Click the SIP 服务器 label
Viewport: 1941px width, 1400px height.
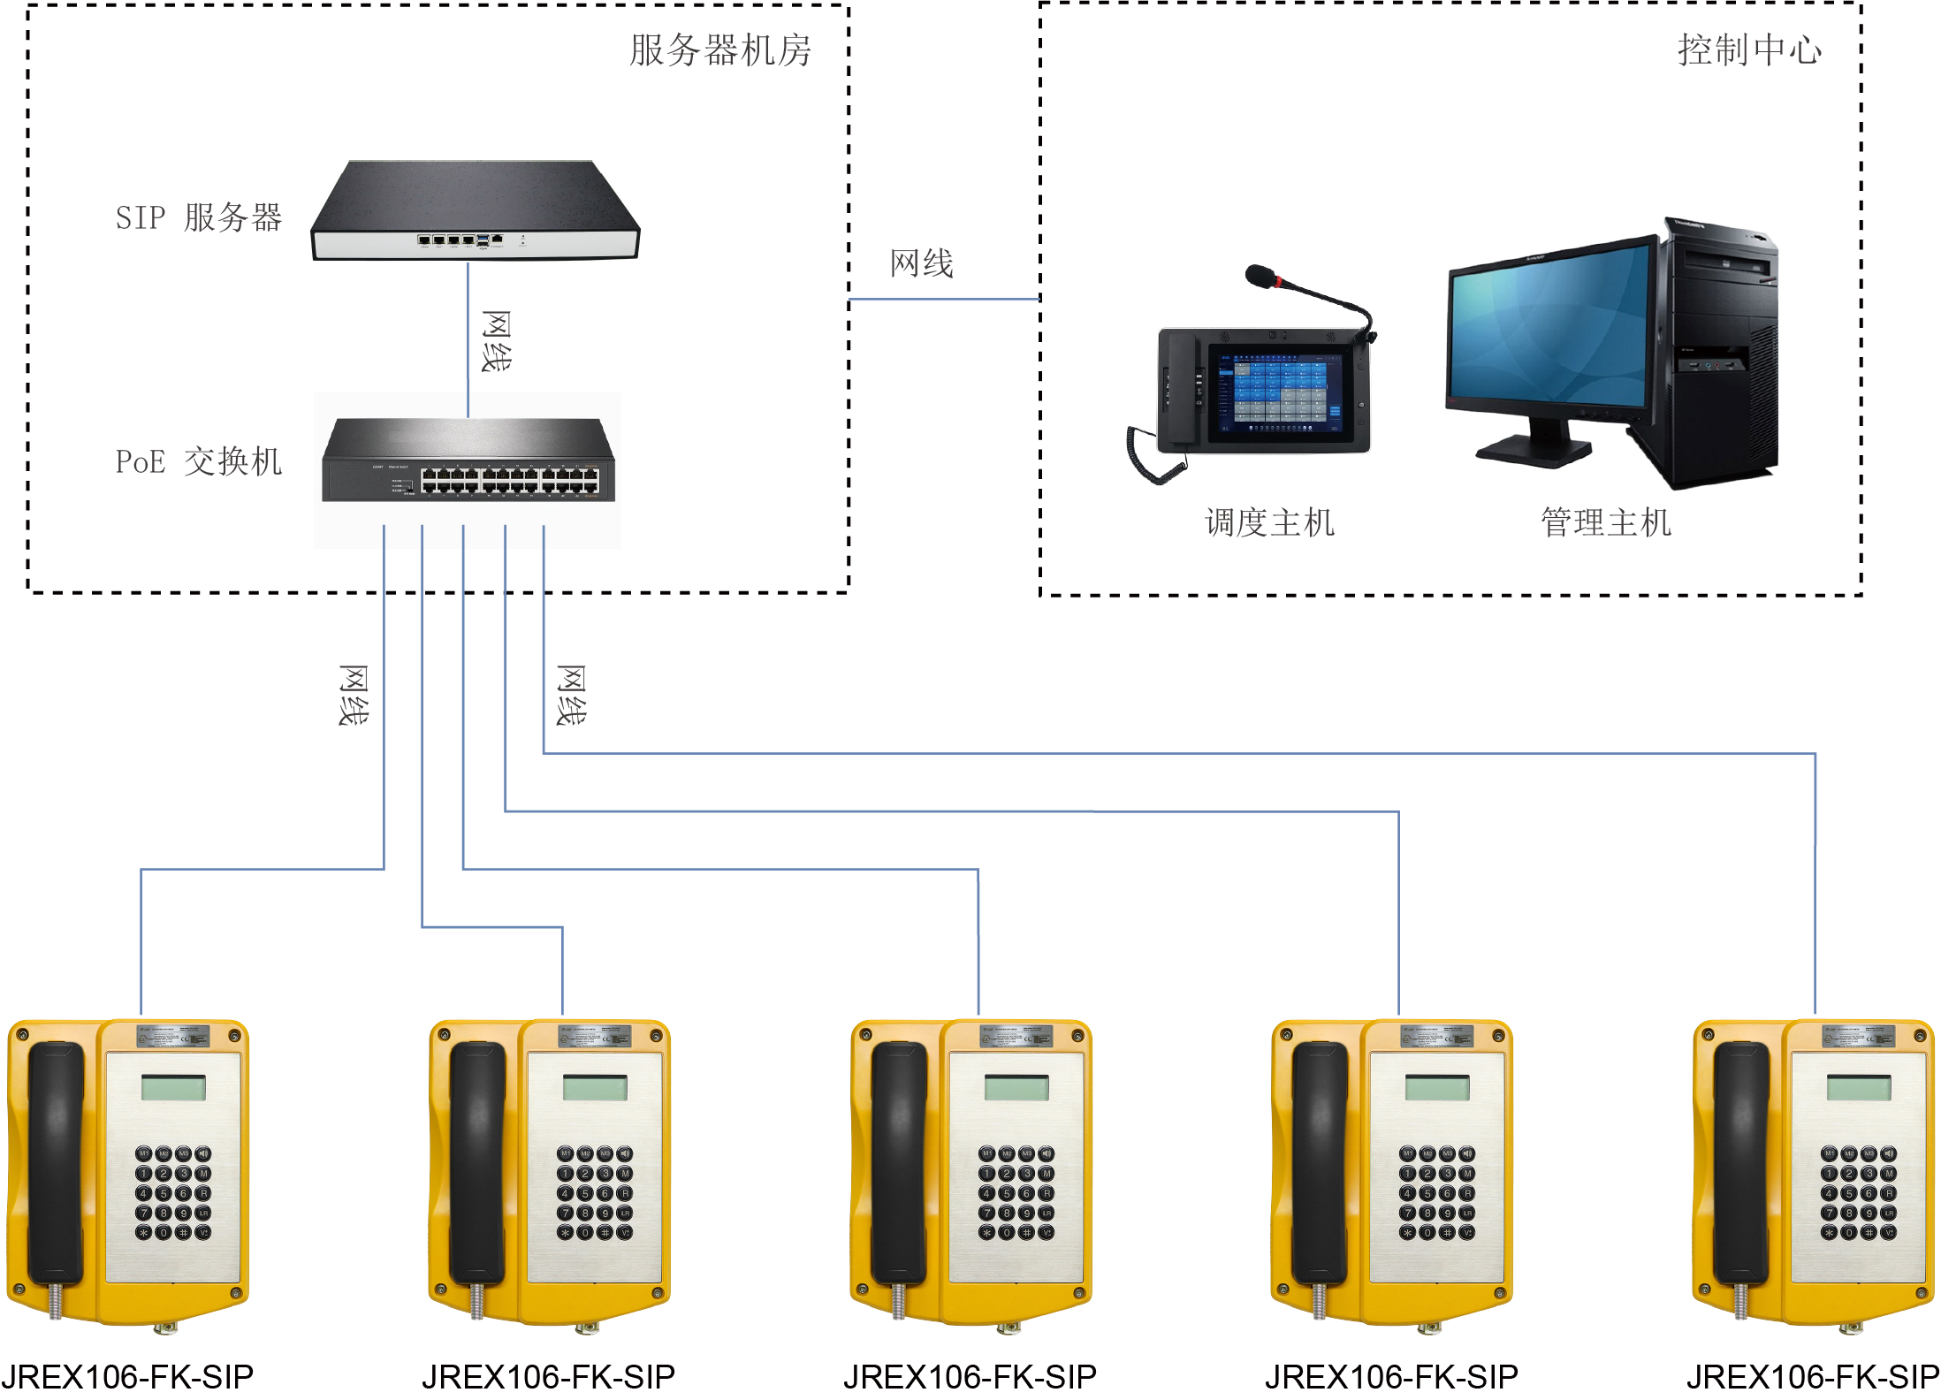(199, 217)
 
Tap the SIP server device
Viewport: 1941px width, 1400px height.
(475, 212)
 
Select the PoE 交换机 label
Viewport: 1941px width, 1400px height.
(199, 461)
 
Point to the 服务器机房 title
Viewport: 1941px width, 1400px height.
(720, 50)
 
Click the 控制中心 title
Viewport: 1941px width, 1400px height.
(1749, 50)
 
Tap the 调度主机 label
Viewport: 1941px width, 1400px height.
(1269, 523)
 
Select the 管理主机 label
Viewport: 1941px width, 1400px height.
(1606, 523)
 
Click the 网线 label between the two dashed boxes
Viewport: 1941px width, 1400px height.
(922, 263)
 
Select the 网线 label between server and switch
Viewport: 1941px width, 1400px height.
(496, 341)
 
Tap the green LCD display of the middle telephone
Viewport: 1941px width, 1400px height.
(1016, 1088)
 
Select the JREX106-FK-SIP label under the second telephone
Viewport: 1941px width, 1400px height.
(549, 1377)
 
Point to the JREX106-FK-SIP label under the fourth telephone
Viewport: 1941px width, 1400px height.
(1392, 1377)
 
